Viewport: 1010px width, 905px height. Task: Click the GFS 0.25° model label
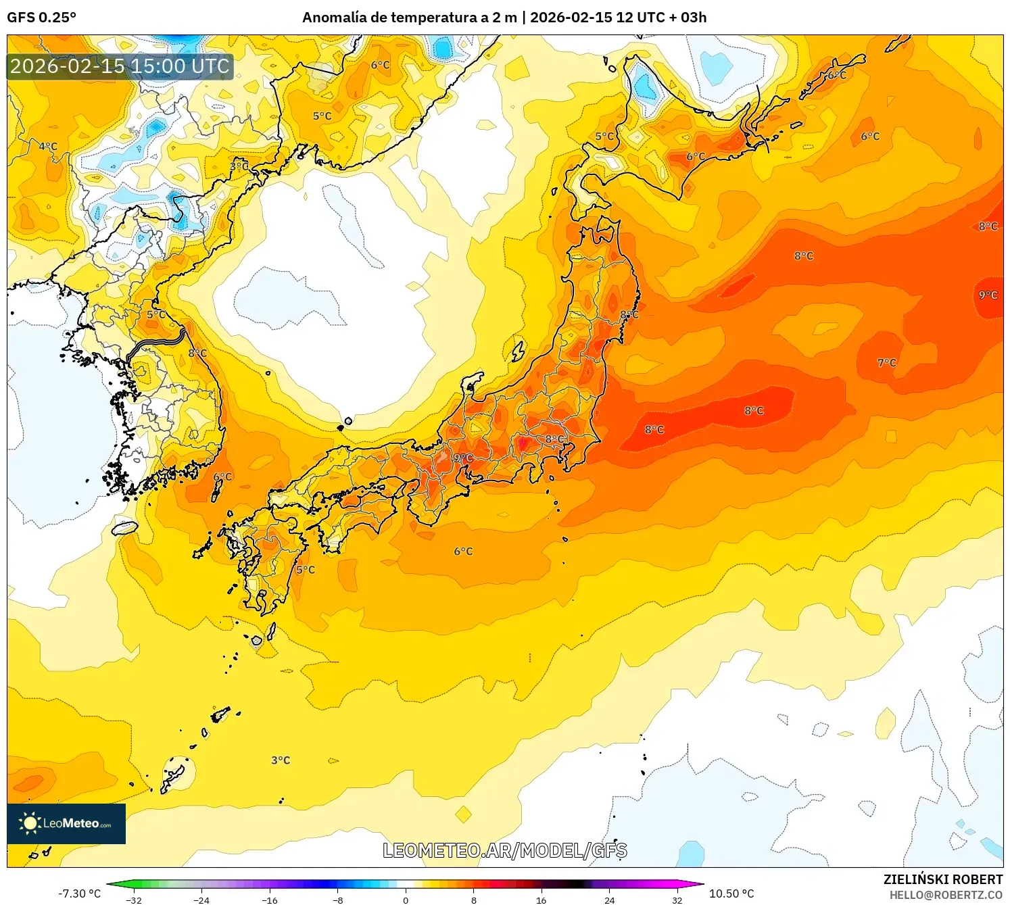click(41, 18)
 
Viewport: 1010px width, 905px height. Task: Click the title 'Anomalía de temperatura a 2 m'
click(409, 18)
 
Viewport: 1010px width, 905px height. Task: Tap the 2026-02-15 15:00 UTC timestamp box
click(120, 67)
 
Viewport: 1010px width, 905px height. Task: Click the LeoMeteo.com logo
click(66, 823)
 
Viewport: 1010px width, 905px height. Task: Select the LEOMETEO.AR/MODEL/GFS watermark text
click(504, 850)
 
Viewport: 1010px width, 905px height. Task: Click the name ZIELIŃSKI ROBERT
click(942, 879)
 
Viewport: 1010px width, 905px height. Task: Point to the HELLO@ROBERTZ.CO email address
click(945, 895)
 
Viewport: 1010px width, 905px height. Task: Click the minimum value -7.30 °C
click(79, 894)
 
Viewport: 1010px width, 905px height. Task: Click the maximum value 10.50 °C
click(731, 894)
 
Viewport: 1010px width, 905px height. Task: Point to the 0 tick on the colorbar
click(406, 900)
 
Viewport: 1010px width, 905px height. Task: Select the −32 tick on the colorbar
click(134, 900)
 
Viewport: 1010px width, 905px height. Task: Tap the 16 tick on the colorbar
click(541, 900)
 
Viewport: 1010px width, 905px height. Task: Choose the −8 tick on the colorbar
click(338, 900)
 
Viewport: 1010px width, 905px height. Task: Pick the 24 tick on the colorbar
click(609, 900)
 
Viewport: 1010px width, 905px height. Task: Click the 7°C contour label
click(886, 363)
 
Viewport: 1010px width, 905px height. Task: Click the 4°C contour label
click(48, 147)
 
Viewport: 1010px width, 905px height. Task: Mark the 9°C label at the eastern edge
click(988, 295)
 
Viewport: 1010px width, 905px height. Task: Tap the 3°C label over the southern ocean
click(281, 760)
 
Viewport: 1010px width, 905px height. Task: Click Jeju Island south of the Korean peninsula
click(124, 528)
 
